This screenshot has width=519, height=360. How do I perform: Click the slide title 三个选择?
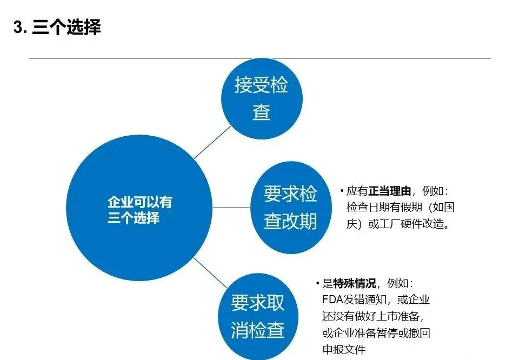[66, 27]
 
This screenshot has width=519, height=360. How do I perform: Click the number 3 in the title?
[18, 27]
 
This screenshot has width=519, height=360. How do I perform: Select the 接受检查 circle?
[262, 98]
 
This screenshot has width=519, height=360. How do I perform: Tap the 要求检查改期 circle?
[291, 208]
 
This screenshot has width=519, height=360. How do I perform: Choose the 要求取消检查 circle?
[258, 316]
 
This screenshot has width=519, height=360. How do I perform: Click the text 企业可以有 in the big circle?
[140, 202]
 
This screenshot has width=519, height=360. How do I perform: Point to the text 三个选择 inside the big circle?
[134, 218]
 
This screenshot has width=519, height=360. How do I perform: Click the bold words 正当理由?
[390, 191]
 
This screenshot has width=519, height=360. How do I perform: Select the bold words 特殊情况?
[355, 283]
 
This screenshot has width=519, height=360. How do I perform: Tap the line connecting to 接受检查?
[212, 142]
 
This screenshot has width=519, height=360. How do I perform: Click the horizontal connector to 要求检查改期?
[231, 208]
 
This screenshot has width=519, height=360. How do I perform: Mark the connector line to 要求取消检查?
[210, 272]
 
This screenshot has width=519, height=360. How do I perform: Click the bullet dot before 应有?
[342, 190]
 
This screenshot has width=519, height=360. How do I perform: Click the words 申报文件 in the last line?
[344, 349]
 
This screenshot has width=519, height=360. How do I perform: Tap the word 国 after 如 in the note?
[449, 207]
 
